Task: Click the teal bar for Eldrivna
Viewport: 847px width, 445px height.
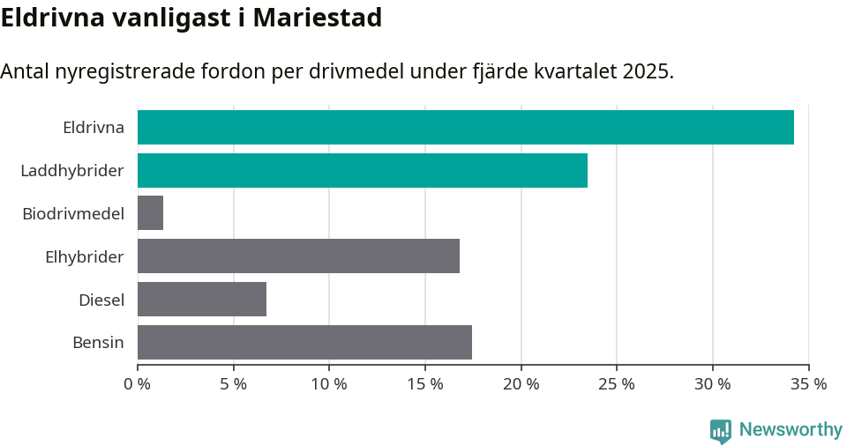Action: tap(465, 127)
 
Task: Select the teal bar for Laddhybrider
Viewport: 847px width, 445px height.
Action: tap(362, 170)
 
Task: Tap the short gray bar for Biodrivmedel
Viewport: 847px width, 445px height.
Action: tap(150, 213)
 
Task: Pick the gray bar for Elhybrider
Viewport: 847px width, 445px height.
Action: tap(298, 256)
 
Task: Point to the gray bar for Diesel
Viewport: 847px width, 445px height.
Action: tap(201, 300)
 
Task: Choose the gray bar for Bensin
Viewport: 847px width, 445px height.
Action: tap(304, 343)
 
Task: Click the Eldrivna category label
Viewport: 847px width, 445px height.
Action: tap(93, 127)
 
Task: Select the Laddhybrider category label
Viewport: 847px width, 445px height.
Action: tap(72, 170)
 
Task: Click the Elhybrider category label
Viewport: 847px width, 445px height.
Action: tap(84, 256)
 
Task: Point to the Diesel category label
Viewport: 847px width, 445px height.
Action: tap(101, 300)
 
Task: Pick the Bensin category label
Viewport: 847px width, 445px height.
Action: tap(98, 343)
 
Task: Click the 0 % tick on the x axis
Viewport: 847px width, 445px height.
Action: tap(138, 384)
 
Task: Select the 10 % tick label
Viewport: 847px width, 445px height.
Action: tap(329, 384)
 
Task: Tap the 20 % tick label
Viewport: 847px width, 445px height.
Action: tap(521, 384)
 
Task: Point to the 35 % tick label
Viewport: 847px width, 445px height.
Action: tap(808, 384)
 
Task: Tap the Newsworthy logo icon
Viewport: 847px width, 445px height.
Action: tap(721, 430)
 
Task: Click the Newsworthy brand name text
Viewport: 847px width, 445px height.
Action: tap(791, 430)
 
